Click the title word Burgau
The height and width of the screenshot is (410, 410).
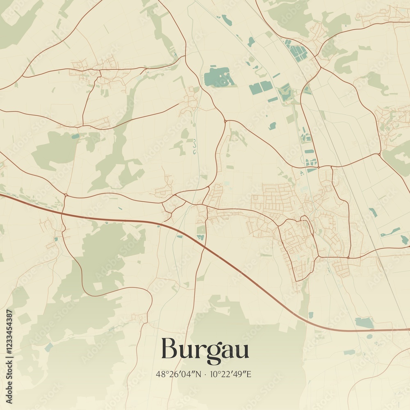click(205, 350)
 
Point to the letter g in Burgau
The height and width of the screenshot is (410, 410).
click(213, 353)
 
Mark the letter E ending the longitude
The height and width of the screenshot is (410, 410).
click(248, 374)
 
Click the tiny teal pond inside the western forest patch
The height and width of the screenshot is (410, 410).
click(75, 136)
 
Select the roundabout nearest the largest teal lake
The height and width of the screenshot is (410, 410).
click(225, 121)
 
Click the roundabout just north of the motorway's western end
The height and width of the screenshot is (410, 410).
click(65, 194)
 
